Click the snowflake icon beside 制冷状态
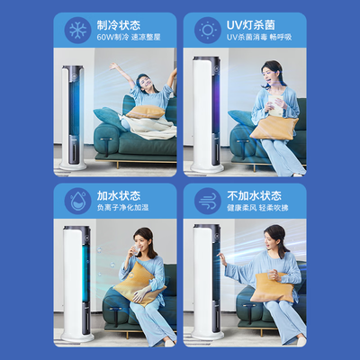click(76, 31)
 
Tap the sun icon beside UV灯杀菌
click(209, 31)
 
